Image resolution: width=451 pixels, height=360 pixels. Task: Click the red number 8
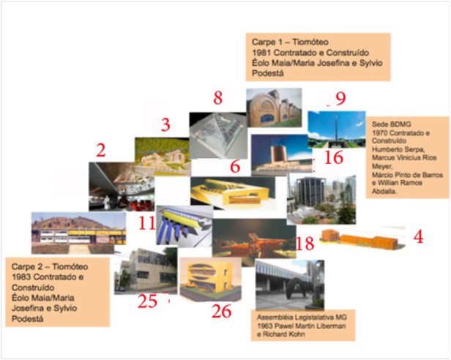(217, 97)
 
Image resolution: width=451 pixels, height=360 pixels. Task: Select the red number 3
(165, 124)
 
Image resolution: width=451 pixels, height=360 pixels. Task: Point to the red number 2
(101, 151)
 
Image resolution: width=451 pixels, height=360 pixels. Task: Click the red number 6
(234, 166)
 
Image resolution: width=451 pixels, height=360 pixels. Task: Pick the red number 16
(333, 158)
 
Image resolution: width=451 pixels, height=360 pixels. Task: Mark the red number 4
(418, 237)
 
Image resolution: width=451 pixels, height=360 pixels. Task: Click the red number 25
(147, 301)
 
